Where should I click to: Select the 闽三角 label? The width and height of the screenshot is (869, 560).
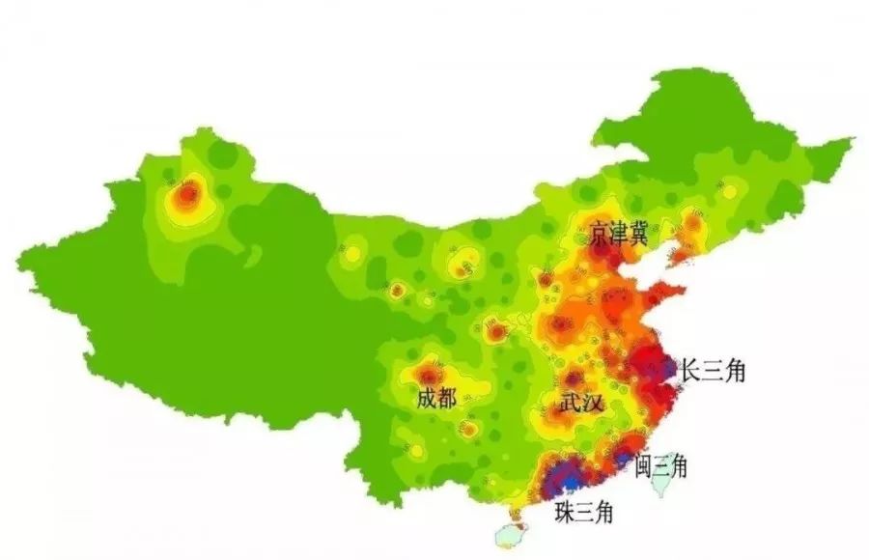(660, 467)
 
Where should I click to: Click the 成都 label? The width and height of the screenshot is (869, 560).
(435, 398)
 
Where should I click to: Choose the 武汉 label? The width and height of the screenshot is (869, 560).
(581, 403)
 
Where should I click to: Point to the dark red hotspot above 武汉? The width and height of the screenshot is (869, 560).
(575, 378)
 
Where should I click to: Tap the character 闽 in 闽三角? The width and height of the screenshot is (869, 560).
(643, 467)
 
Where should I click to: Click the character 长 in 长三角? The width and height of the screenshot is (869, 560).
(691, 370)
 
